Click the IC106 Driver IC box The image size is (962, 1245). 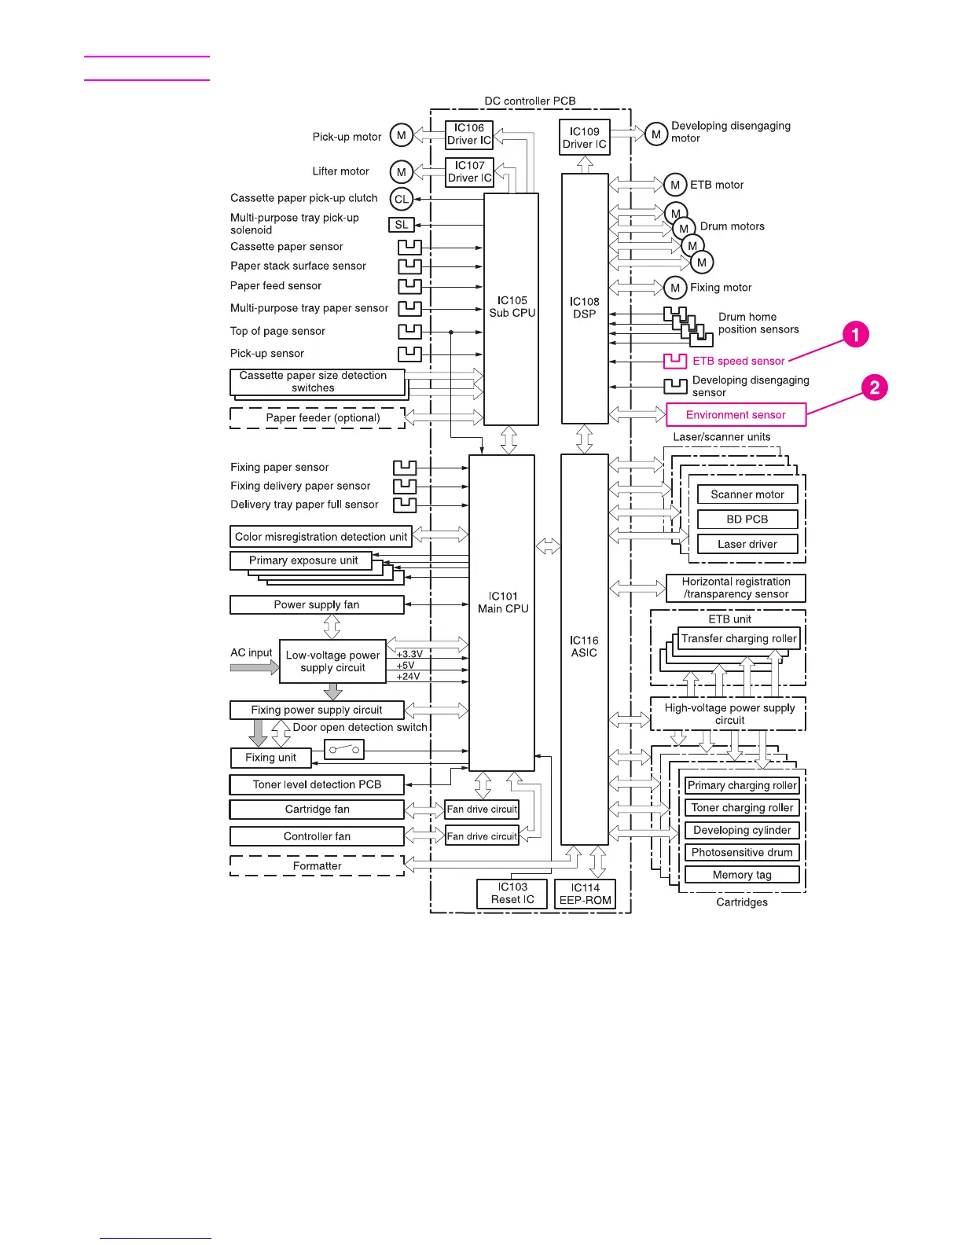tap(469, 134)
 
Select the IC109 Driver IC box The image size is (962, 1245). tap(584, 138)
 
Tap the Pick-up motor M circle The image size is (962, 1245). tap(402, 135)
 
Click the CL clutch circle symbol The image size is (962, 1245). tap(402, 199)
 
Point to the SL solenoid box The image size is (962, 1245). tap(402, 225)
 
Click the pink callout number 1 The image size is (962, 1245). tap(856, 334)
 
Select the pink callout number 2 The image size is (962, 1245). tap(874, 387)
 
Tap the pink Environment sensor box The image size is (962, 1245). tap(736, 415)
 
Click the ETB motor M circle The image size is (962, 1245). tap(675, 185)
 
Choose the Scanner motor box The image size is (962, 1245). tap(747, 494)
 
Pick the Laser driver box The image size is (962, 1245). tap(747, 544)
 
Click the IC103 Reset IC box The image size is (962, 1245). tap(512, 894)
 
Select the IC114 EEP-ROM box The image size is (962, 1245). tap(586, 894)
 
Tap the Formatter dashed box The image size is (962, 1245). tap(317, 866)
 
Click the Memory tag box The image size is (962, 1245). tap(742, 875)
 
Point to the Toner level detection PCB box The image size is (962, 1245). tap(317, 784)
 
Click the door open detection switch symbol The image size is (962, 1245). tap(344, 750)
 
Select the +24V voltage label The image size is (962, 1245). tap(408, 677)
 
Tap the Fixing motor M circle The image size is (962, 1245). tap(675, 288)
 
